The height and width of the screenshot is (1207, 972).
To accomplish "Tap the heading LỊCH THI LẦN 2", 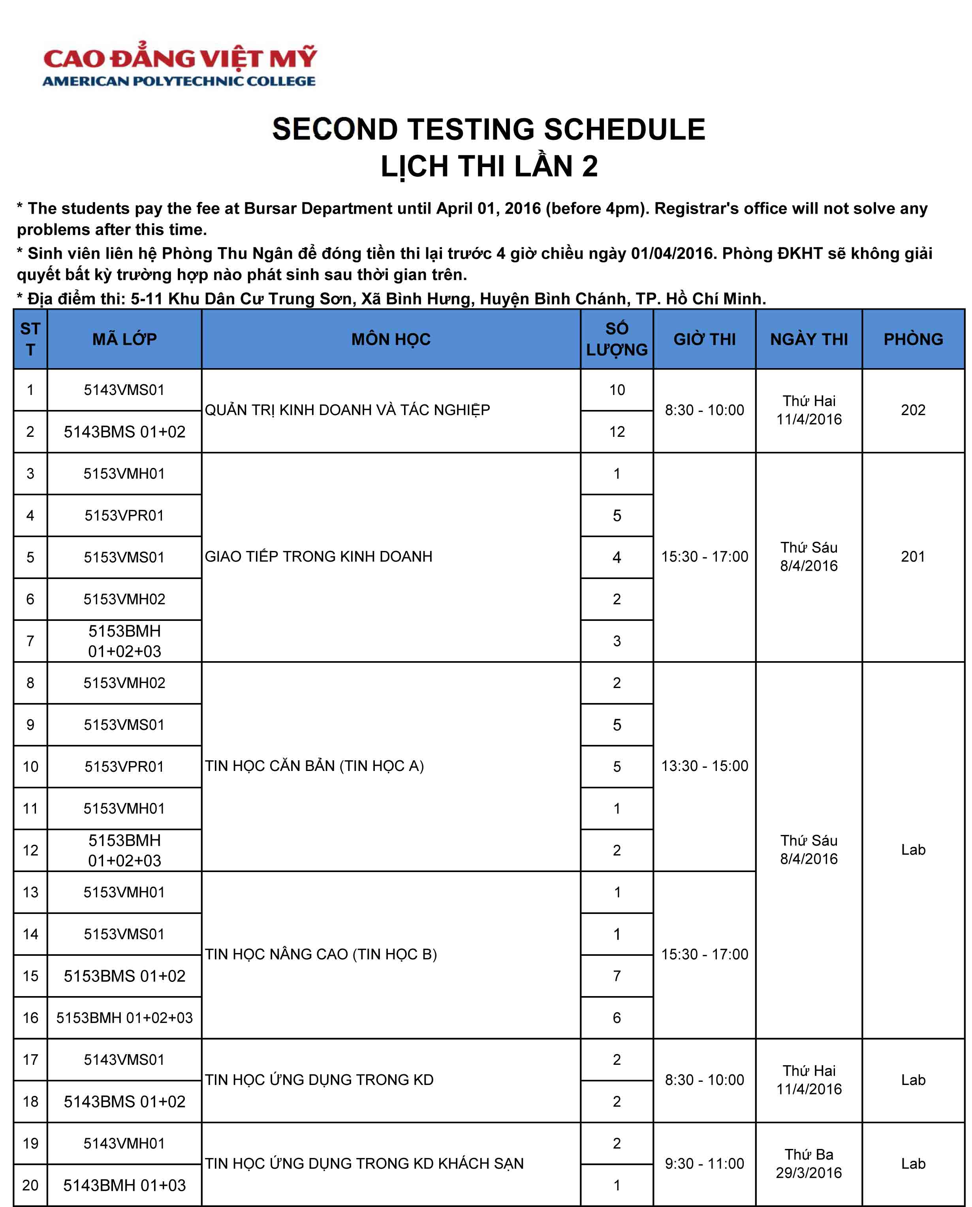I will coord(489,166).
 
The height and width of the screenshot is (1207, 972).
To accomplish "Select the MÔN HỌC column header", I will coord(391,339).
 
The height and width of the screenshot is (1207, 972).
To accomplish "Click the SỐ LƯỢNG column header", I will coord(617,339).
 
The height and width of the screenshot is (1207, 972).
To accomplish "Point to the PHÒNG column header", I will coord(913,339).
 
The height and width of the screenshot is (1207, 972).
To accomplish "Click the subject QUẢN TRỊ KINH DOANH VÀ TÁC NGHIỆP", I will coord(347,410).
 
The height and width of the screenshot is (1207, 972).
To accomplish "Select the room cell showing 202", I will coord(913,410).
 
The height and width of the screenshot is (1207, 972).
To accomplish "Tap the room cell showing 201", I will coord(913,556).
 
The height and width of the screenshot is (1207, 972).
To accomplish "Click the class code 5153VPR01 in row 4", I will coord(124,515).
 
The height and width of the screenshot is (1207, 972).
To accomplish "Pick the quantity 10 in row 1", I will coord(617,390).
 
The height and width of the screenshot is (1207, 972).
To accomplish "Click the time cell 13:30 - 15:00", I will coord(704,766).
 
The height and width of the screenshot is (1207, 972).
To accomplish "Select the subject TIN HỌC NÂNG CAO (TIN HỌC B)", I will coord(321,954).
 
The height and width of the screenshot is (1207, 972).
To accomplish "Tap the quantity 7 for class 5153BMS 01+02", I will coord(617,976).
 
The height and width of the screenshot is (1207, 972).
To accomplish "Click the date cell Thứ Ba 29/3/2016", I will coord(808,1163).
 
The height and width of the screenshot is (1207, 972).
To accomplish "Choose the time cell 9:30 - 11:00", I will coord(704,1163).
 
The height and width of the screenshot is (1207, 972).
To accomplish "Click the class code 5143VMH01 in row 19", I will coord(124,1143).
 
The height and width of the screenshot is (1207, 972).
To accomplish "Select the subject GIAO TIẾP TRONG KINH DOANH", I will coord(319,556).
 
